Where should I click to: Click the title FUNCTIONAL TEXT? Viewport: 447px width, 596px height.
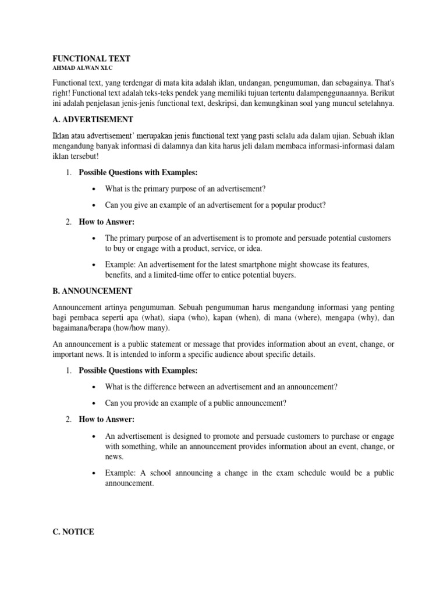(x=92, y=59)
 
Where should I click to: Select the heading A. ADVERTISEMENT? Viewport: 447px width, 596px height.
(x=93, y=119)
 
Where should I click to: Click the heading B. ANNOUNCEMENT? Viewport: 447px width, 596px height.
(x=93, y=290)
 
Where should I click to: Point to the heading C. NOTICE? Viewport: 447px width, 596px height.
(x=73, y=531)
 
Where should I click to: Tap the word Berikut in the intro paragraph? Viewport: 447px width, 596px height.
(x=381, y=93)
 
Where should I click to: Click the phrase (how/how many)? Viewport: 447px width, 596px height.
(x=138, y=328)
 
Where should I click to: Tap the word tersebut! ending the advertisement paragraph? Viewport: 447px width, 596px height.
(x=81, y=157)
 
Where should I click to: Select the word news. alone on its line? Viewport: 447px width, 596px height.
(x=114, y=457)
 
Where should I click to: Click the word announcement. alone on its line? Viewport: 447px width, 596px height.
(x=129, y=483)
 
